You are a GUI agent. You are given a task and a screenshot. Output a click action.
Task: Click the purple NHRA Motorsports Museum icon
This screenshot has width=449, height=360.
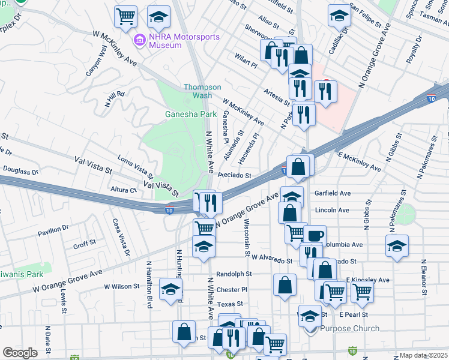tap(140, 40)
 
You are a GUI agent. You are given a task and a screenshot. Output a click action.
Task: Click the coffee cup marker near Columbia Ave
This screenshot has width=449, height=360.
tap(314, 235)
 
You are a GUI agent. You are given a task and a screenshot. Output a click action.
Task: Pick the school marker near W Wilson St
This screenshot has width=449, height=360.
tap(171, 290)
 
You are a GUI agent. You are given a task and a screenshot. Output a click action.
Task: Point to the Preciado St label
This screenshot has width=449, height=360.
tap(234, 176)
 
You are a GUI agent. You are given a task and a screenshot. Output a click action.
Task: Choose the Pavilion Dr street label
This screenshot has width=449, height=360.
tap(54, 230)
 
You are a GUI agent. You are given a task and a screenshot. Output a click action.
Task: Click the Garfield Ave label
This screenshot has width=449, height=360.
tap(333, 193)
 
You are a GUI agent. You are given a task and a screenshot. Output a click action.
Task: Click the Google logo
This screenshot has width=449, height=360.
tap(20, 353)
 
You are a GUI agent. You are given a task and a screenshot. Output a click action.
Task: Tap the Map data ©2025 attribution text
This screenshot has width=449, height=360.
tap(423, 355)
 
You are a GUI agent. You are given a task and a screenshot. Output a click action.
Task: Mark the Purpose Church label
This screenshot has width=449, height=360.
tap(350, 328)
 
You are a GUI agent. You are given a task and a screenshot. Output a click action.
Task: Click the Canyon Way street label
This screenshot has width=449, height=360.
tap(96, 61)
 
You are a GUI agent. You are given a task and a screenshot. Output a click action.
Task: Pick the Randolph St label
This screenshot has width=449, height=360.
tap(234, 274)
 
